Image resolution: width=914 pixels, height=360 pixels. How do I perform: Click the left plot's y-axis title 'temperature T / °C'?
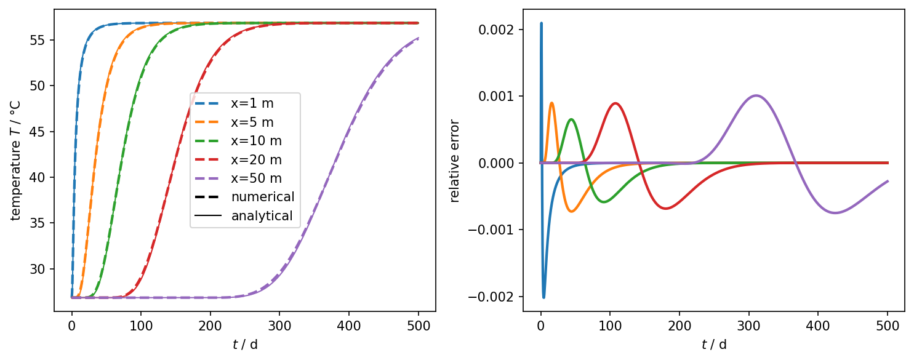(16, 160)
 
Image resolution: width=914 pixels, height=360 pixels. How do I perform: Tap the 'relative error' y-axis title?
(455, 160)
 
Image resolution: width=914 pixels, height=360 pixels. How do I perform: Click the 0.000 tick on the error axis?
(499, 163)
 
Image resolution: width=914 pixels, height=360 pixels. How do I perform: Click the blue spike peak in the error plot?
(541, 23)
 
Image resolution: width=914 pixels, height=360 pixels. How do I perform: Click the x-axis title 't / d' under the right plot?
(714, 344)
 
